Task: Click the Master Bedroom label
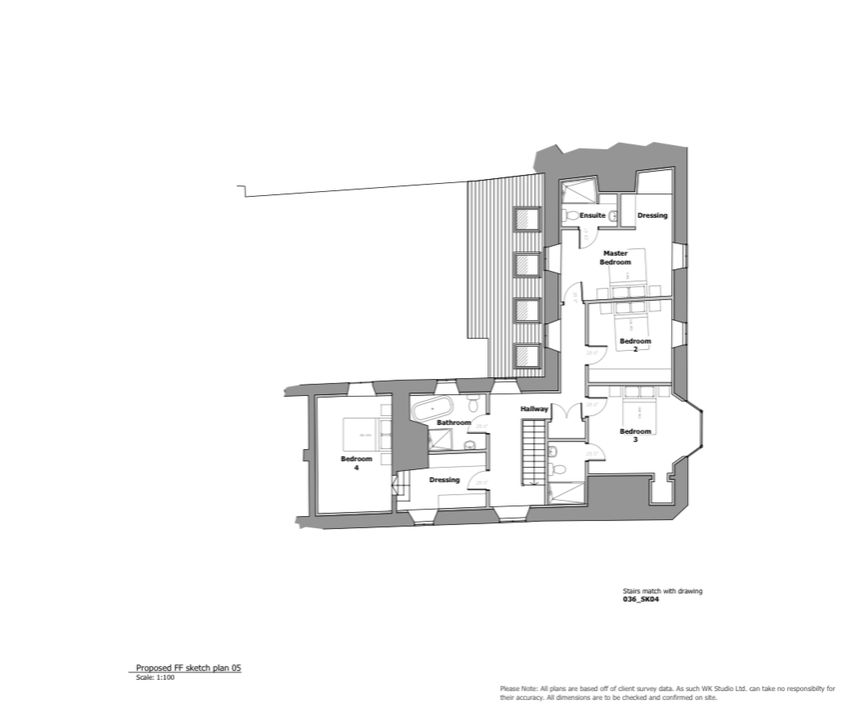(615, 257)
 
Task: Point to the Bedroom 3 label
(635, 435)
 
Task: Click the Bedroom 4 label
(357, 463)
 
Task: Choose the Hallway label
(534, 409)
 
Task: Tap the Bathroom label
(453, 423)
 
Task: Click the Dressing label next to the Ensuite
(652, 215)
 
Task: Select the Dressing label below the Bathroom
(444, 480)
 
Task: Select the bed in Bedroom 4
(357, 433)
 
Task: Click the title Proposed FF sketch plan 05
(189, 668)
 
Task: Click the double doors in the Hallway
(572, 411)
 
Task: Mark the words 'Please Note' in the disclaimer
(517, 689)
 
